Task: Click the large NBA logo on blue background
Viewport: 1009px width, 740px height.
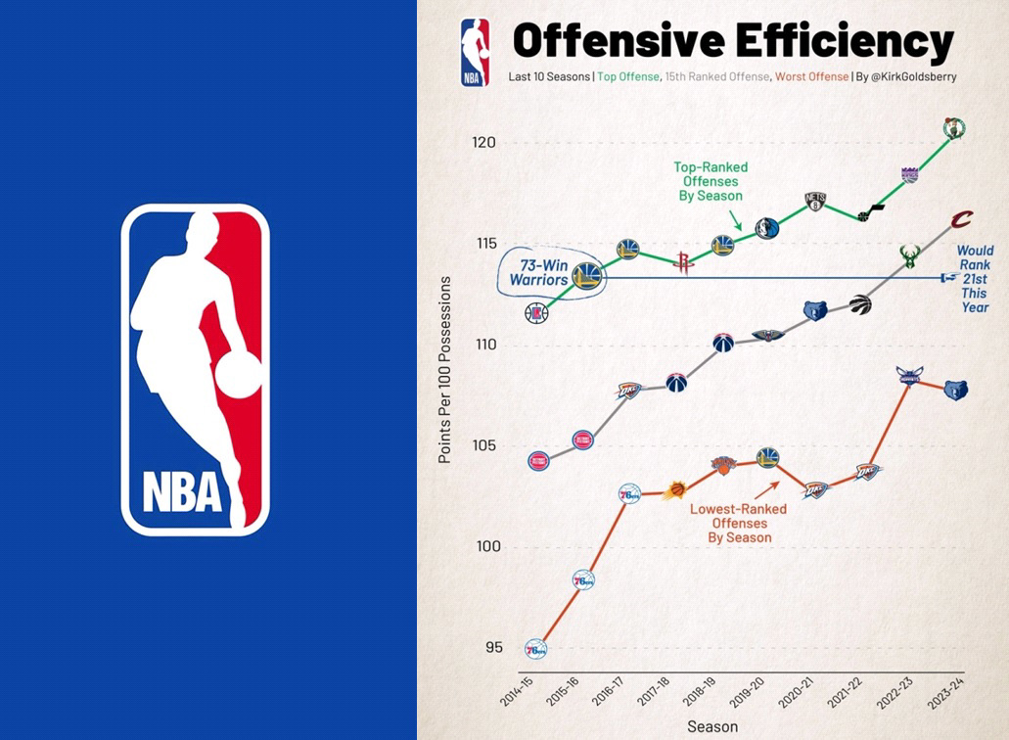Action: point(195,370)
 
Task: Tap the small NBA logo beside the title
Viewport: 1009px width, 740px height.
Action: point(475,54)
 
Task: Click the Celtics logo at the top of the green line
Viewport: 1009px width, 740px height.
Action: point(953,128)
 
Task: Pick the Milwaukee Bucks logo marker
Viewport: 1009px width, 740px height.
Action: point(911,256)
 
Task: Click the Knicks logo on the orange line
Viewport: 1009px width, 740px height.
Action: point(722,467)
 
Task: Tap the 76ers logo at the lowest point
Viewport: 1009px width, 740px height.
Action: point(535,648)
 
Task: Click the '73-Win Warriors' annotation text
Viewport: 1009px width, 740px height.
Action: point(537,272)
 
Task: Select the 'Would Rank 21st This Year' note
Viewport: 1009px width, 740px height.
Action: point(975,279)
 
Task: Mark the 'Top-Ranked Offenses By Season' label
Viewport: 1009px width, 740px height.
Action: point(711,181)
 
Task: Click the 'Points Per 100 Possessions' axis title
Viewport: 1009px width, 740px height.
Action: point(445,370)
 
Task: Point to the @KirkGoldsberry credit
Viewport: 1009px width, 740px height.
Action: point(907,76)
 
